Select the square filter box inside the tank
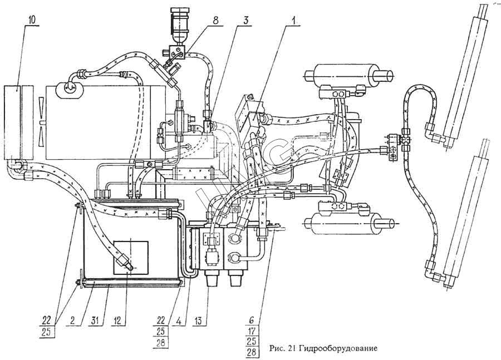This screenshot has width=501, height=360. (131, 257)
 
